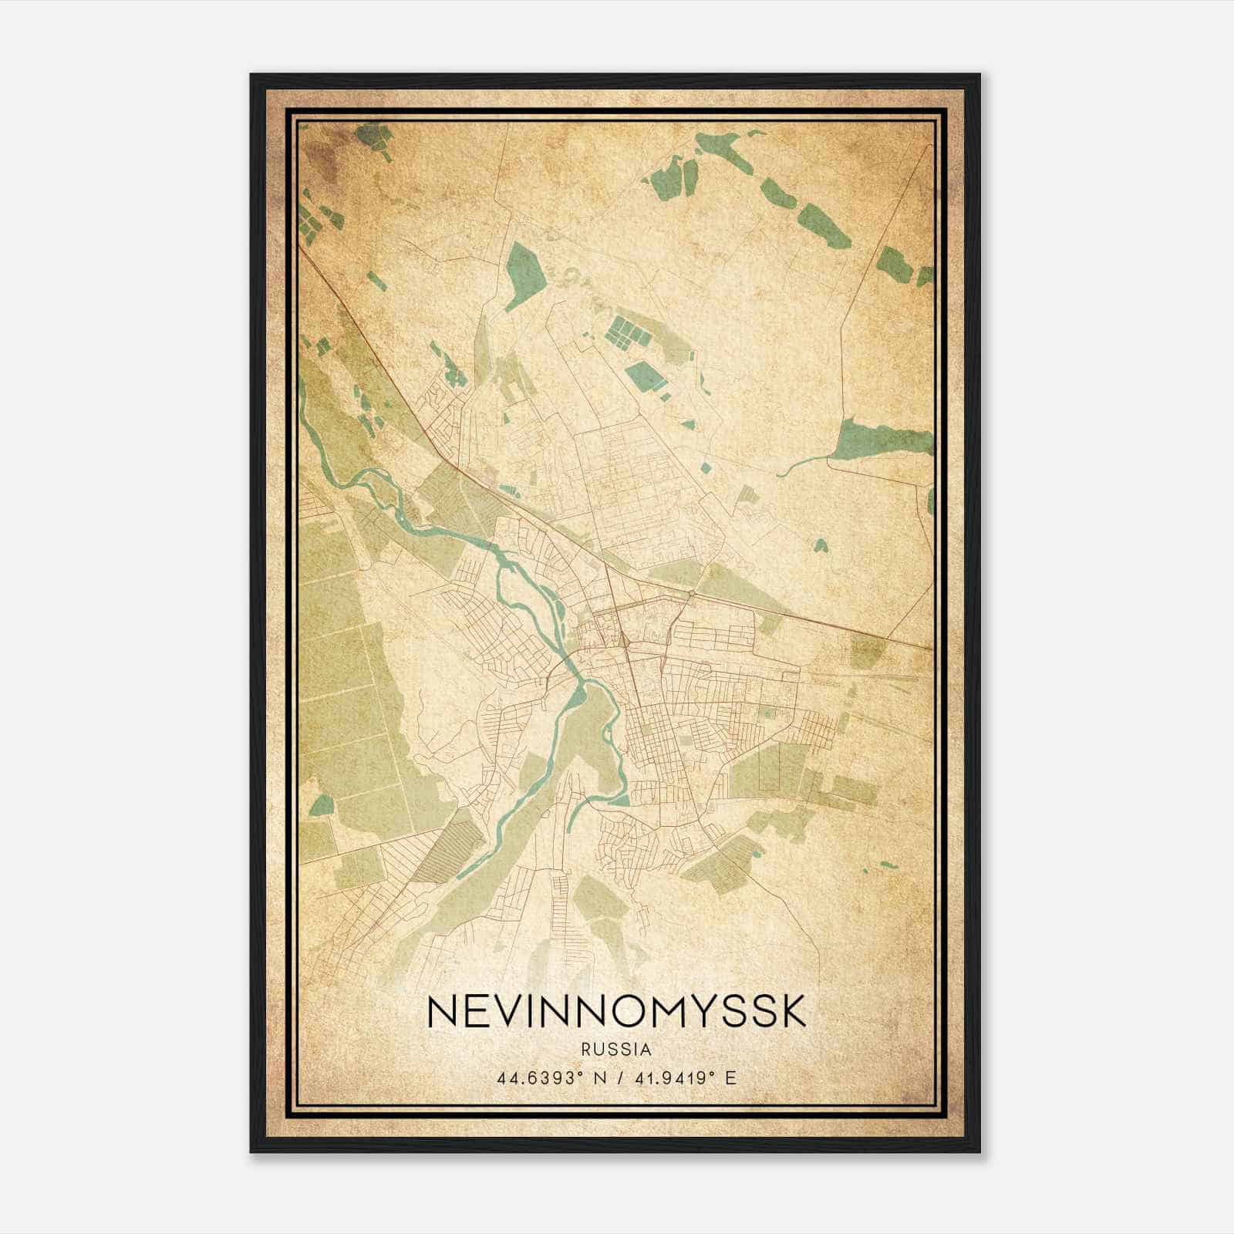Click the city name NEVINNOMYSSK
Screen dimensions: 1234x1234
coord(616,1012)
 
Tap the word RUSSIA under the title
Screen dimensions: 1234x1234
coord(616,1050)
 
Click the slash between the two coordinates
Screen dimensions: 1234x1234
coord(617,1077)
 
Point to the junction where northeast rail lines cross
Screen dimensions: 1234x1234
coord(692,592)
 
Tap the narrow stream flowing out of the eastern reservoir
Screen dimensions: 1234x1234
coord(802,465)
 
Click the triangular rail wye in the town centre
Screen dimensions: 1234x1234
coord(622,638)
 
